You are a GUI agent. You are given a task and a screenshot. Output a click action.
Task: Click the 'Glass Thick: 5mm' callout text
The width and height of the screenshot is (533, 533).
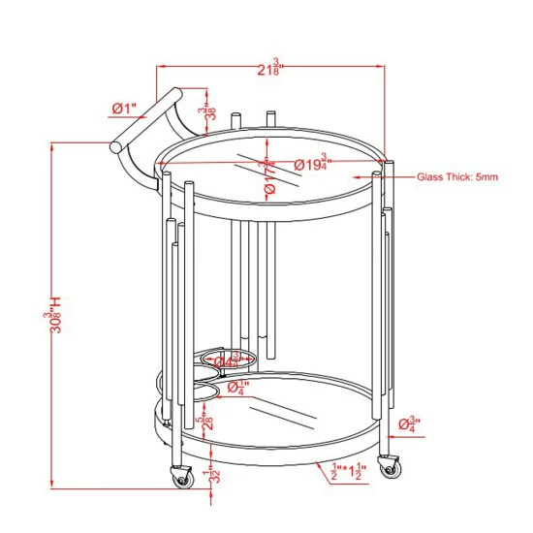[x=457, y=177]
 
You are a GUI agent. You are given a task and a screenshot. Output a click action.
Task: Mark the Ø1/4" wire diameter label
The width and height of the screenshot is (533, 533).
[x=238, y=388]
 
